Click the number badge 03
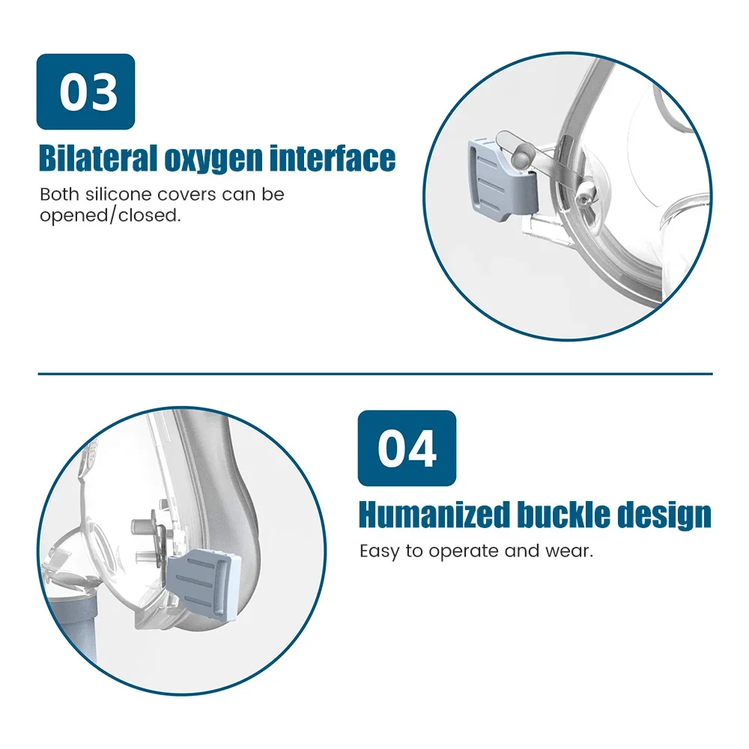coord(85,91)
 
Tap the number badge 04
coord(407,448)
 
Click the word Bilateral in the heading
coord(98,158)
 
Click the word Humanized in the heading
coord(434,515)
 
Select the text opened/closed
coord(110,216)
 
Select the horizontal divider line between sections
coord(375,374)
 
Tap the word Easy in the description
coord(380,552)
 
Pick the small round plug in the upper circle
coord(521,157)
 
